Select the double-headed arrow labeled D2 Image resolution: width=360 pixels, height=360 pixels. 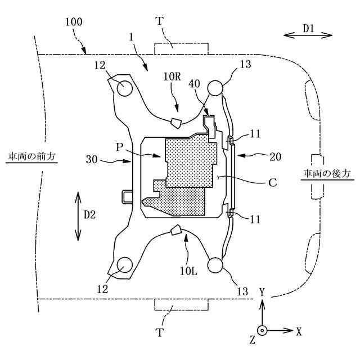(78, 215)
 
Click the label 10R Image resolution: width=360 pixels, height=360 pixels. (172, 77)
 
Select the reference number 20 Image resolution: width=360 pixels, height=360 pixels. (275, 157)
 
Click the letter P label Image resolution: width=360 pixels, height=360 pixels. (119, 147)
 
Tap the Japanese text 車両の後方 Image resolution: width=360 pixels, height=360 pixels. (328, 173)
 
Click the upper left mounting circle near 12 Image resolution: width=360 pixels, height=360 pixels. (123, 88)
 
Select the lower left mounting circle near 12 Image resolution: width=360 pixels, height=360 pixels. (124, 264)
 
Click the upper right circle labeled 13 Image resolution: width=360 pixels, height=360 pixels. (215, 88)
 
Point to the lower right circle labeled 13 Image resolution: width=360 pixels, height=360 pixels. (215, 264)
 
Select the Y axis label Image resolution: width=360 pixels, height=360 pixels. (262, 291)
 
